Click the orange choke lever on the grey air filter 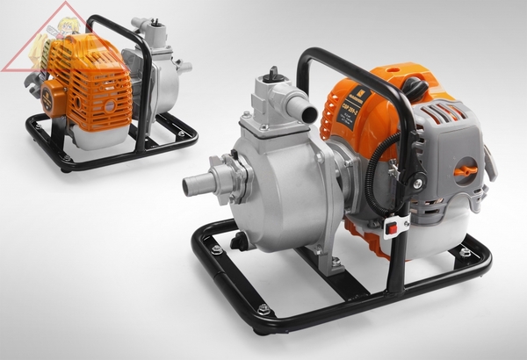point(468,169)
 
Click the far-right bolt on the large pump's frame point(465,253)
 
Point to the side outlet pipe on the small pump point(183,66)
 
